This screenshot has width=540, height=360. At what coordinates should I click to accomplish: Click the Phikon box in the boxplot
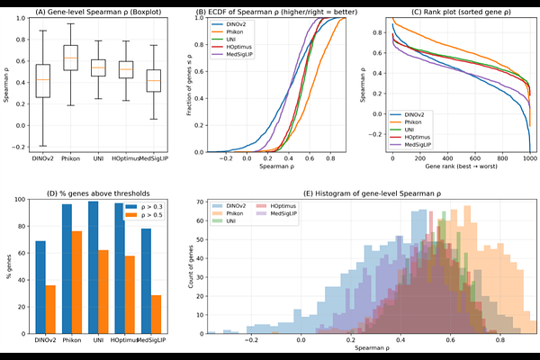click(x=69, y=57)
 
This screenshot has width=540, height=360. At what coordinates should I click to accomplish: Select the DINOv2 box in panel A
click(x=42, y=80)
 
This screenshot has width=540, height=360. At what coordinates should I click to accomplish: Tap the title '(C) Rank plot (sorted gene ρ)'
click(x=457, y=12)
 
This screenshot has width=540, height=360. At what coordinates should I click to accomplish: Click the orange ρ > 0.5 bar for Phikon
click(x=76, y=282)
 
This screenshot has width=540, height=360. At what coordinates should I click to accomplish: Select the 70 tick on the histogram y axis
click(x=193, y=206)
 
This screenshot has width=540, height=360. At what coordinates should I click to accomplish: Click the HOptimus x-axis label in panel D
click(x=124, y=340)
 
